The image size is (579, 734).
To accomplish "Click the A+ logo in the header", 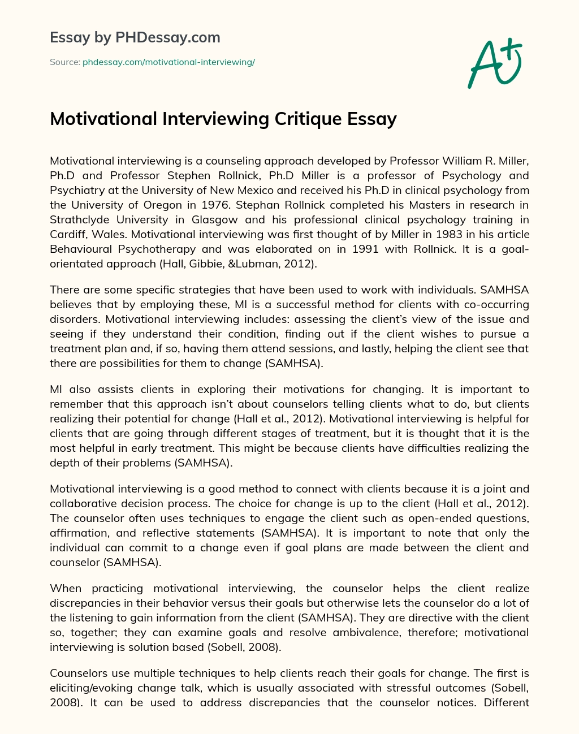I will pyautogui.click(x=495, y=63).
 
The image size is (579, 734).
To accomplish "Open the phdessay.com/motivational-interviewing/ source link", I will pyautogui.click(x=168, y=62).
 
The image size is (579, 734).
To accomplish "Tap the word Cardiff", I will pyautogui.click(x=67, y=234).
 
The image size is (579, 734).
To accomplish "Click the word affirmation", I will pyautogui.click(x=77, y=533).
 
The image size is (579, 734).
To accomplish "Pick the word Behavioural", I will pyautogui.click(x=83, y=249).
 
